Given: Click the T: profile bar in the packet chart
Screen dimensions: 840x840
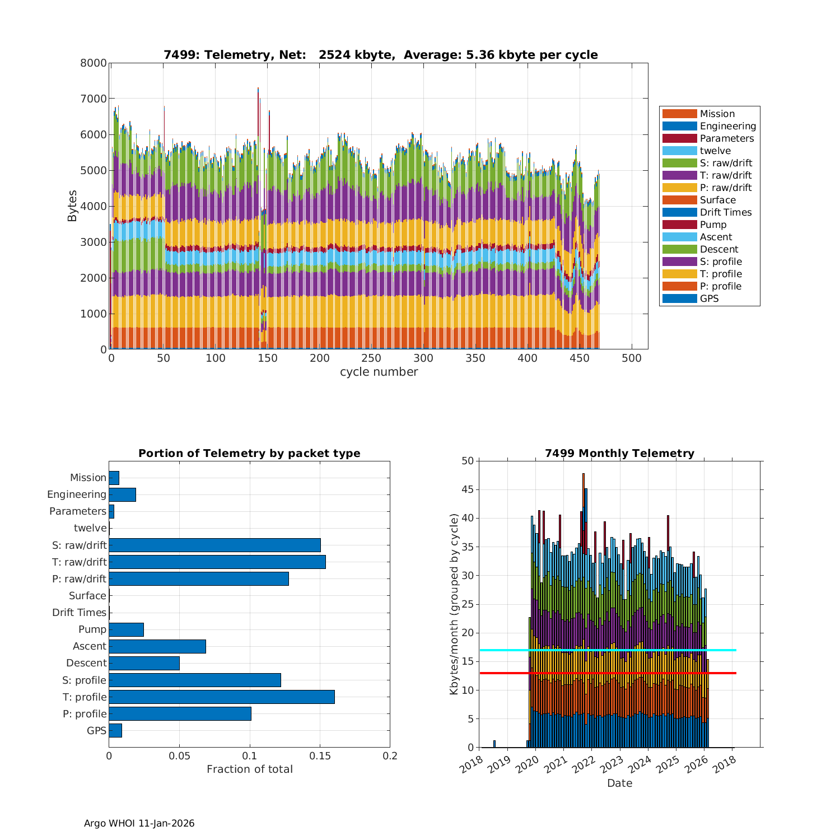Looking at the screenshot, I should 222,697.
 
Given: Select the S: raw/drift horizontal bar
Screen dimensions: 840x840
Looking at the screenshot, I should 214,545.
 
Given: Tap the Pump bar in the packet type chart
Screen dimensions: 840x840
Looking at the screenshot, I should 126,629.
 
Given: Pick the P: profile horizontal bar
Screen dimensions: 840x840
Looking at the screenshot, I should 180,713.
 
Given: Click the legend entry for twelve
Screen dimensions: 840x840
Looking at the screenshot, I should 715,151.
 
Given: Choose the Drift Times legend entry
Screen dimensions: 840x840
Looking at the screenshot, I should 725,212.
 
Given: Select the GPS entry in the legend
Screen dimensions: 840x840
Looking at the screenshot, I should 709,298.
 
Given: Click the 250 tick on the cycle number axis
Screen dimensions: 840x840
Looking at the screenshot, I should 371,358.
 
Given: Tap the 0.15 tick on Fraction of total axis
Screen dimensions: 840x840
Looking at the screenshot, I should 320,756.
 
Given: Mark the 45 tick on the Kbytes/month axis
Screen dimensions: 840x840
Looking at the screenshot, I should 468,490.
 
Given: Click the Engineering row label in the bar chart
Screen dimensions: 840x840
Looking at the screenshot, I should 77,494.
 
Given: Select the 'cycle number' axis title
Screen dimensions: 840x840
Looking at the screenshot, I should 379,372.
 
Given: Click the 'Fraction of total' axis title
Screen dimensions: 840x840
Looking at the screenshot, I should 249,769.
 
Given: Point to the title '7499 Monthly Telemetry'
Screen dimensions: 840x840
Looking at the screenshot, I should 619,454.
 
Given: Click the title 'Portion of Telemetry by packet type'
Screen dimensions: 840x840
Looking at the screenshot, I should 249,454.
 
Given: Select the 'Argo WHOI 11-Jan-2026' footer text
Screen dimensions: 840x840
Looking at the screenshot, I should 139,823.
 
